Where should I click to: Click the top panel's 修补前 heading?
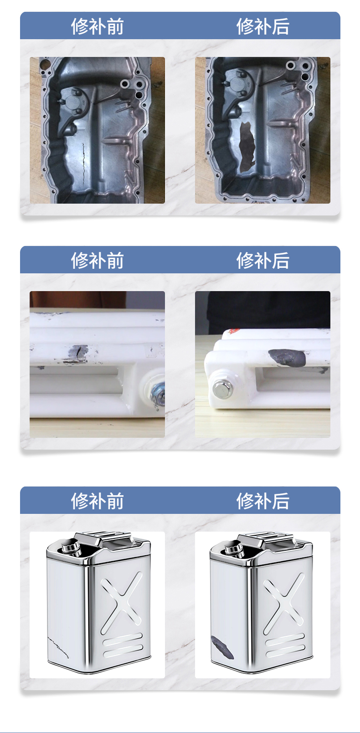[x=97, y=26]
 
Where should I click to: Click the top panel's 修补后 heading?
[x=263, y=26]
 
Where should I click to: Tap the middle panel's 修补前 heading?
[x=97, y=261]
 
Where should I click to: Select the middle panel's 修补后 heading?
[x=263, y=261]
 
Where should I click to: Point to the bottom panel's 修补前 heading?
[x=97, y=501]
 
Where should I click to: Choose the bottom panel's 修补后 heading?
[x=263, y=501]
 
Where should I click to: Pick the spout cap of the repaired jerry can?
[x=235, y=548]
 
